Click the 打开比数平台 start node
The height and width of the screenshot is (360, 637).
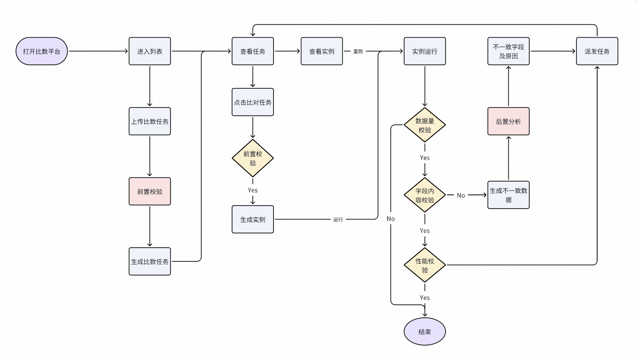[x=41, y=51]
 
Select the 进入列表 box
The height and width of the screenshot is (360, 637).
[x=150, y=51]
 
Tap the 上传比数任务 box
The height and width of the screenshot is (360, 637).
[x=150, y=121]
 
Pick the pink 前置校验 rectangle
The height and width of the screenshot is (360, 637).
[x=150, y=191]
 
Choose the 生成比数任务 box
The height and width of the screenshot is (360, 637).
[x=150, y=261]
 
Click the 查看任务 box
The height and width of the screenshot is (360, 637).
[x=253, y=51]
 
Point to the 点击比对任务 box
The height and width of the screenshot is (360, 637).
[x=253, y=102]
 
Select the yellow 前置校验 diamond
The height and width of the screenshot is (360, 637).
[x=253, y=158]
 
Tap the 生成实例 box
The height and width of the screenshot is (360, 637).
[x=253, y=220]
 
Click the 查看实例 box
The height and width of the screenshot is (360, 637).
[x=322, y=51]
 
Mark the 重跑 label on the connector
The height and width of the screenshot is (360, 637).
[x=358, y=51]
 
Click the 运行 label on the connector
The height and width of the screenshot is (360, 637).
[x=338, y=220]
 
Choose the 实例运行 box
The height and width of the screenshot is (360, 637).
[x=425, y=51]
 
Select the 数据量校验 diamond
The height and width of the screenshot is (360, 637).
[x=425, y=125]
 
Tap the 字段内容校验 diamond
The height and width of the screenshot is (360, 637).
[x=425, y=195]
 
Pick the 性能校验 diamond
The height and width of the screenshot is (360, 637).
[x=425, y=265]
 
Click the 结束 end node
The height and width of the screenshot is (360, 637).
[x=425, y=331]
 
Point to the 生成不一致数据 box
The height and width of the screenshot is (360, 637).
[x=508, y=195]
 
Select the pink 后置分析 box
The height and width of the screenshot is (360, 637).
[x=508, y=121]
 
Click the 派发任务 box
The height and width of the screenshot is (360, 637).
[x=597, y=51]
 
